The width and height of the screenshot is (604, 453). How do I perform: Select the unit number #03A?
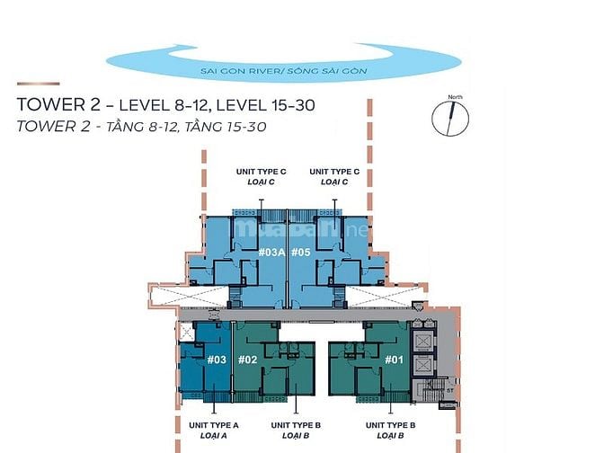pyautogui.click(x=271, y=253)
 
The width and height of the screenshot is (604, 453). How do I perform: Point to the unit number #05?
pyautogui.click(x=301, y=253)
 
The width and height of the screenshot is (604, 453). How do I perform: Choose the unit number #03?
pyautogui.click(x=216, y=360)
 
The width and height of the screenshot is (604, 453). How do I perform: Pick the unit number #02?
pyautogui.click(x=248, y=360)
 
